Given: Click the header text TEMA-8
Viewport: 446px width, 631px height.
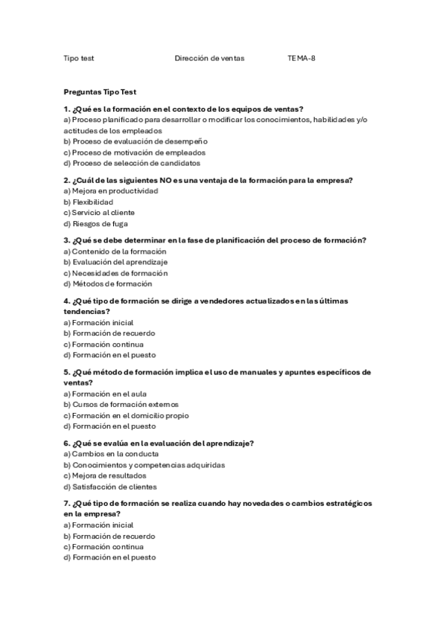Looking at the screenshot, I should pyautogui.click(x=302, y=58).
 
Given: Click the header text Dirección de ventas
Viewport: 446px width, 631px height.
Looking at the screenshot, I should pyautogui.click(x=209, y=58).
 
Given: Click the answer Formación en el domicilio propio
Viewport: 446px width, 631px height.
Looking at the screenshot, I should pyautogui.click(x=126, y=415).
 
